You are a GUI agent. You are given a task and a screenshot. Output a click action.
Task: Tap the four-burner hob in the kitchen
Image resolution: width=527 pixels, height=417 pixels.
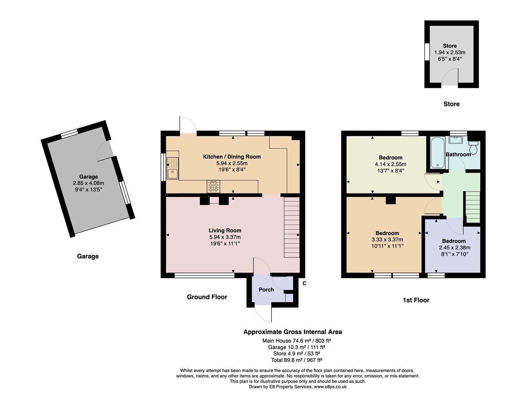(213, 187)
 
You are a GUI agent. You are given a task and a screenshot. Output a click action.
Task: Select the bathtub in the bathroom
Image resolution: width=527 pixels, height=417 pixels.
(438, 153)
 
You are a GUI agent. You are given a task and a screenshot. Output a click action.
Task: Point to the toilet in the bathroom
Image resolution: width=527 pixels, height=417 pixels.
(473, 147)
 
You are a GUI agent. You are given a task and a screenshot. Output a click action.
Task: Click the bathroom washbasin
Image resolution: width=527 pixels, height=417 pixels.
(455, 140)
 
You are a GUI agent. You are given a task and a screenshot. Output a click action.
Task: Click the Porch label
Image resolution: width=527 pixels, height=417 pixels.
(266, 289)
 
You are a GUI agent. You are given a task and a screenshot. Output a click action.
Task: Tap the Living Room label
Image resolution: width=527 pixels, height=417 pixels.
(225, 230)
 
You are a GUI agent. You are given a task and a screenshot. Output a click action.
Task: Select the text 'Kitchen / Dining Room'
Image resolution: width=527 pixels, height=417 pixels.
(232, 157)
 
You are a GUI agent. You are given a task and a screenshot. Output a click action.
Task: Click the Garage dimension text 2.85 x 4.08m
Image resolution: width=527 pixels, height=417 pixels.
(89, 183)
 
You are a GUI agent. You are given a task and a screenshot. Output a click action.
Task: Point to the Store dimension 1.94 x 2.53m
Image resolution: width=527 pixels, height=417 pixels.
(450, 52)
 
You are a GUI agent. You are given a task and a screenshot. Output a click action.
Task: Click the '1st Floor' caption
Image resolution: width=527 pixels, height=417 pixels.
(416, 300)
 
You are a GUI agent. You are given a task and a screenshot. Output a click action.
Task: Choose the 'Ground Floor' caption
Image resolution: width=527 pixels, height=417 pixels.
(207, 297)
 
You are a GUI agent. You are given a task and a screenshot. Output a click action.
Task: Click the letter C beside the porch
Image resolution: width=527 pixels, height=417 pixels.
(305, 283)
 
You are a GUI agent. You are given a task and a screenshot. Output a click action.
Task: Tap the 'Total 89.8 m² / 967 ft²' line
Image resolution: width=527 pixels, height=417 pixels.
(297, 360)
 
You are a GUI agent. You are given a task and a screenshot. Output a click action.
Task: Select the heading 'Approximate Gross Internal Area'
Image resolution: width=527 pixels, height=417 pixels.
(293, 332)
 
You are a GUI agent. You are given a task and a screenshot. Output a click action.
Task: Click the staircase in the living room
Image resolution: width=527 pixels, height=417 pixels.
(292, 227)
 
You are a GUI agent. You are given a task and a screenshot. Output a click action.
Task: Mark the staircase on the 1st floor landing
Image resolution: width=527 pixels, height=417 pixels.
(473, 207)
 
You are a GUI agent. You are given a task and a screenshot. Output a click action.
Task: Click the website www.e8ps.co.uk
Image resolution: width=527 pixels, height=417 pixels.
(330, 387)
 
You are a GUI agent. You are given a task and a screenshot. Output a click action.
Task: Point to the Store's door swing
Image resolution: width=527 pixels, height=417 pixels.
(450, 76)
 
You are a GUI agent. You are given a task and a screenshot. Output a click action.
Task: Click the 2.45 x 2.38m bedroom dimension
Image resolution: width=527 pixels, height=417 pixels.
(455, 247)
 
